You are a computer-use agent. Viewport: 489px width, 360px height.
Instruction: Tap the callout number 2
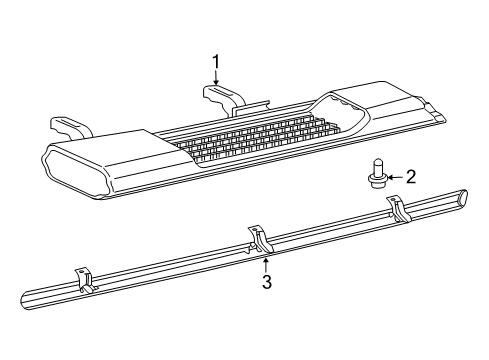[x=410, y=178]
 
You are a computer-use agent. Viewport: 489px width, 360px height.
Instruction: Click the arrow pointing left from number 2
[x=392, y=178]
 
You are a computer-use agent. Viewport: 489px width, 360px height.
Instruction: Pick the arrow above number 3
[x=266, y=263]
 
